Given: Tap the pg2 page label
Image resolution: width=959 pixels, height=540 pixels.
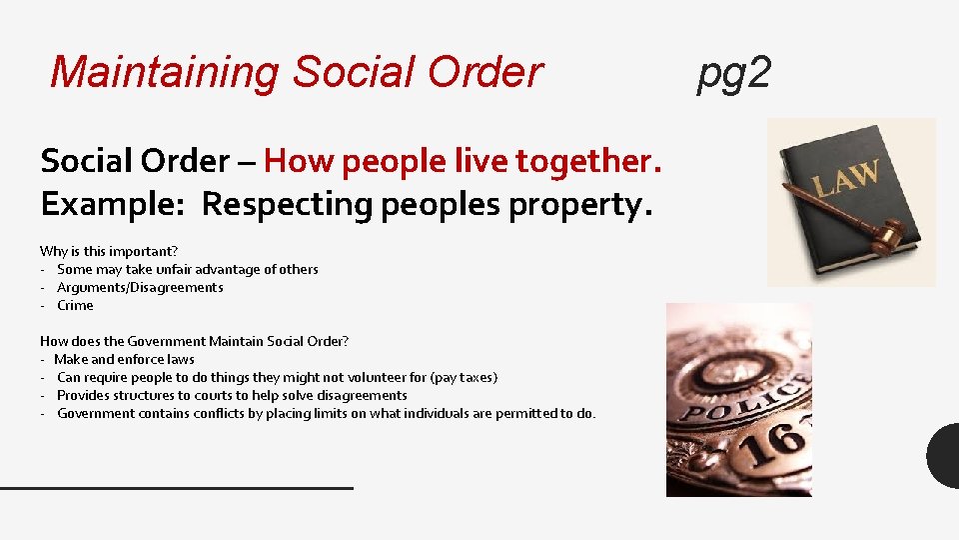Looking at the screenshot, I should pos(734,72).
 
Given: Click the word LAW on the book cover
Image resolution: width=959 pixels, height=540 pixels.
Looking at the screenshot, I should pos(845,180).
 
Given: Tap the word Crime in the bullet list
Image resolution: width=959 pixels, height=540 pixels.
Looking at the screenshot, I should pos(75,305).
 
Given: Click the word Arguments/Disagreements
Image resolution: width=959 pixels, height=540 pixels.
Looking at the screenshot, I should pos(140,287).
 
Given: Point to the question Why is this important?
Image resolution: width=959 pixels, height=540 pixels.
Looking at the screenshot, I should pos(109,251).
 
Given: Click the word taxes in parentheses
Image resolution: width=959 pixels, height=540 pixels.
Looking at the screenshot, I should pos(476,377).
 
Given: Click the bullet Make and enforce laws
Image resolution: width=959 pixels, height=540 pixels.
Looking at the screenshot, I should pos(125,359).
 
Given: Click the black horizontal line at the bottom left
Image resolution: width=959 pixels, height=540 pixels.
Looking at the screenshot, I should pos(177,487).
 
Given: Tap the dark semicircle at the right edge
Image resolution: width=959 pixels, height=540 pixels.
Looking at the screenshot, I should pos(945,455).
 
